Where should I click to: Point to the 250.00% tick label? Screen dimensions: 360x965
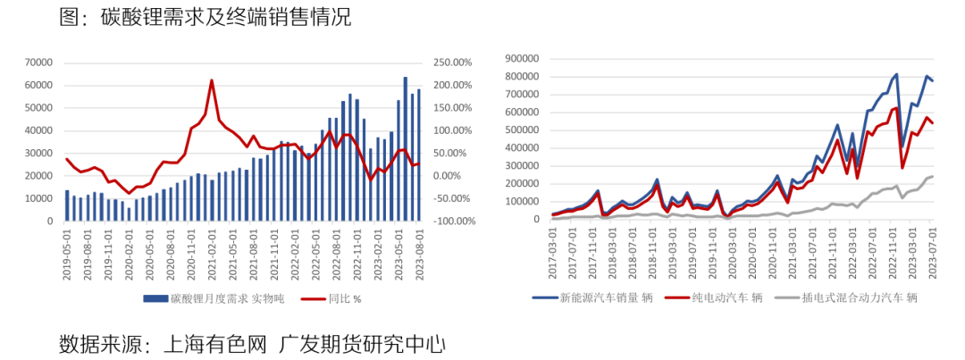point(451,63)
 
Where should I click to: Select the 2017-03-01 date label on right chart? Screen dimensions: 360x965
point(554,252)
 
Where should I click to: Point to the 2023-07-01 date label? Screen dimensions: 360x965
point(931,252)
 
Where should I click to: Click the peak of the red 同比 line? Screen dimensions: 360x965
point(212,80)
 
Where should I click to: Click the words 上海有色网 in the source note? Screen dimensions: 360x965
point(206,343)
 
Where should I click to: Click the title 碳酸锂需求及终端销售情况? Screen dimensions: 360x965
point(227,16)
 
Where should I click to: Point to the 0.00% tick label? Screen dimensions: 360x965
point(456,175)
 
